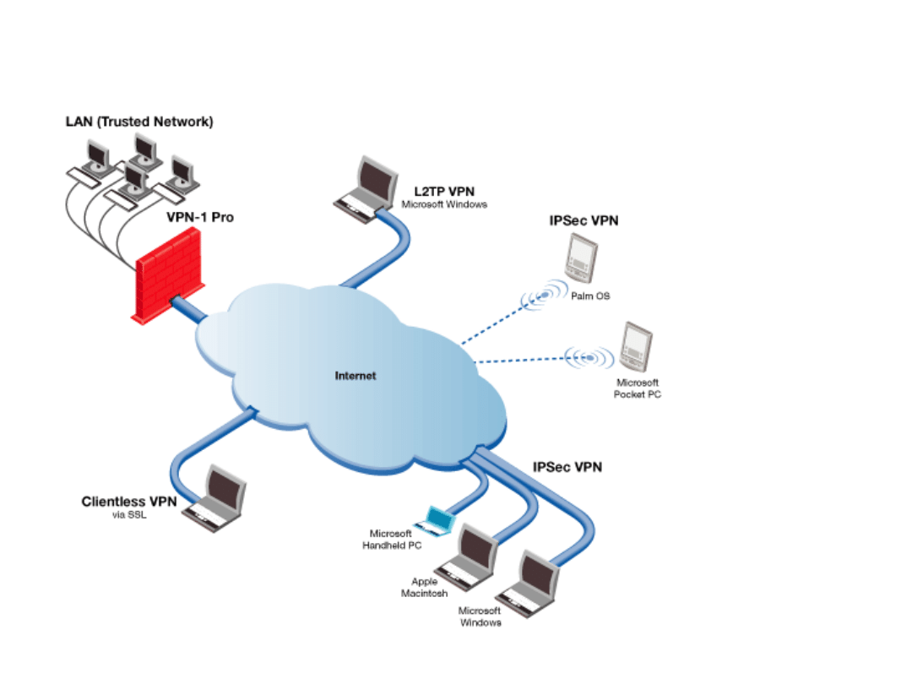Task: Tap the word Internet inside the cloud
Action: click(x=356, y=376)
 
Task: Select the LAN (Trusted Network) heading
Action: click(x=139, y=122)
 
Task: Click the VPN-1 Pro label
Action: click(x=200, y=218)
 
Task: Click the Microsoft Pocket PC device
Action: click(x=637, y=347)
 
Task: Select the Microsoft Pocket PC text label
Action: click(x=638, y=388)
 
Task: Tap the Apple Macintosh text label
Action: click(x=424, y=588)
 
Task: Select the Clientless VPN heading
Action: click(x=129, y=502)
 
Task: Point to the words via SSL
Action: click(x=129, y=515)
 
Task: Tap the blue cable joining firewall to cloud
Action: click(x=189, y=307)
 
